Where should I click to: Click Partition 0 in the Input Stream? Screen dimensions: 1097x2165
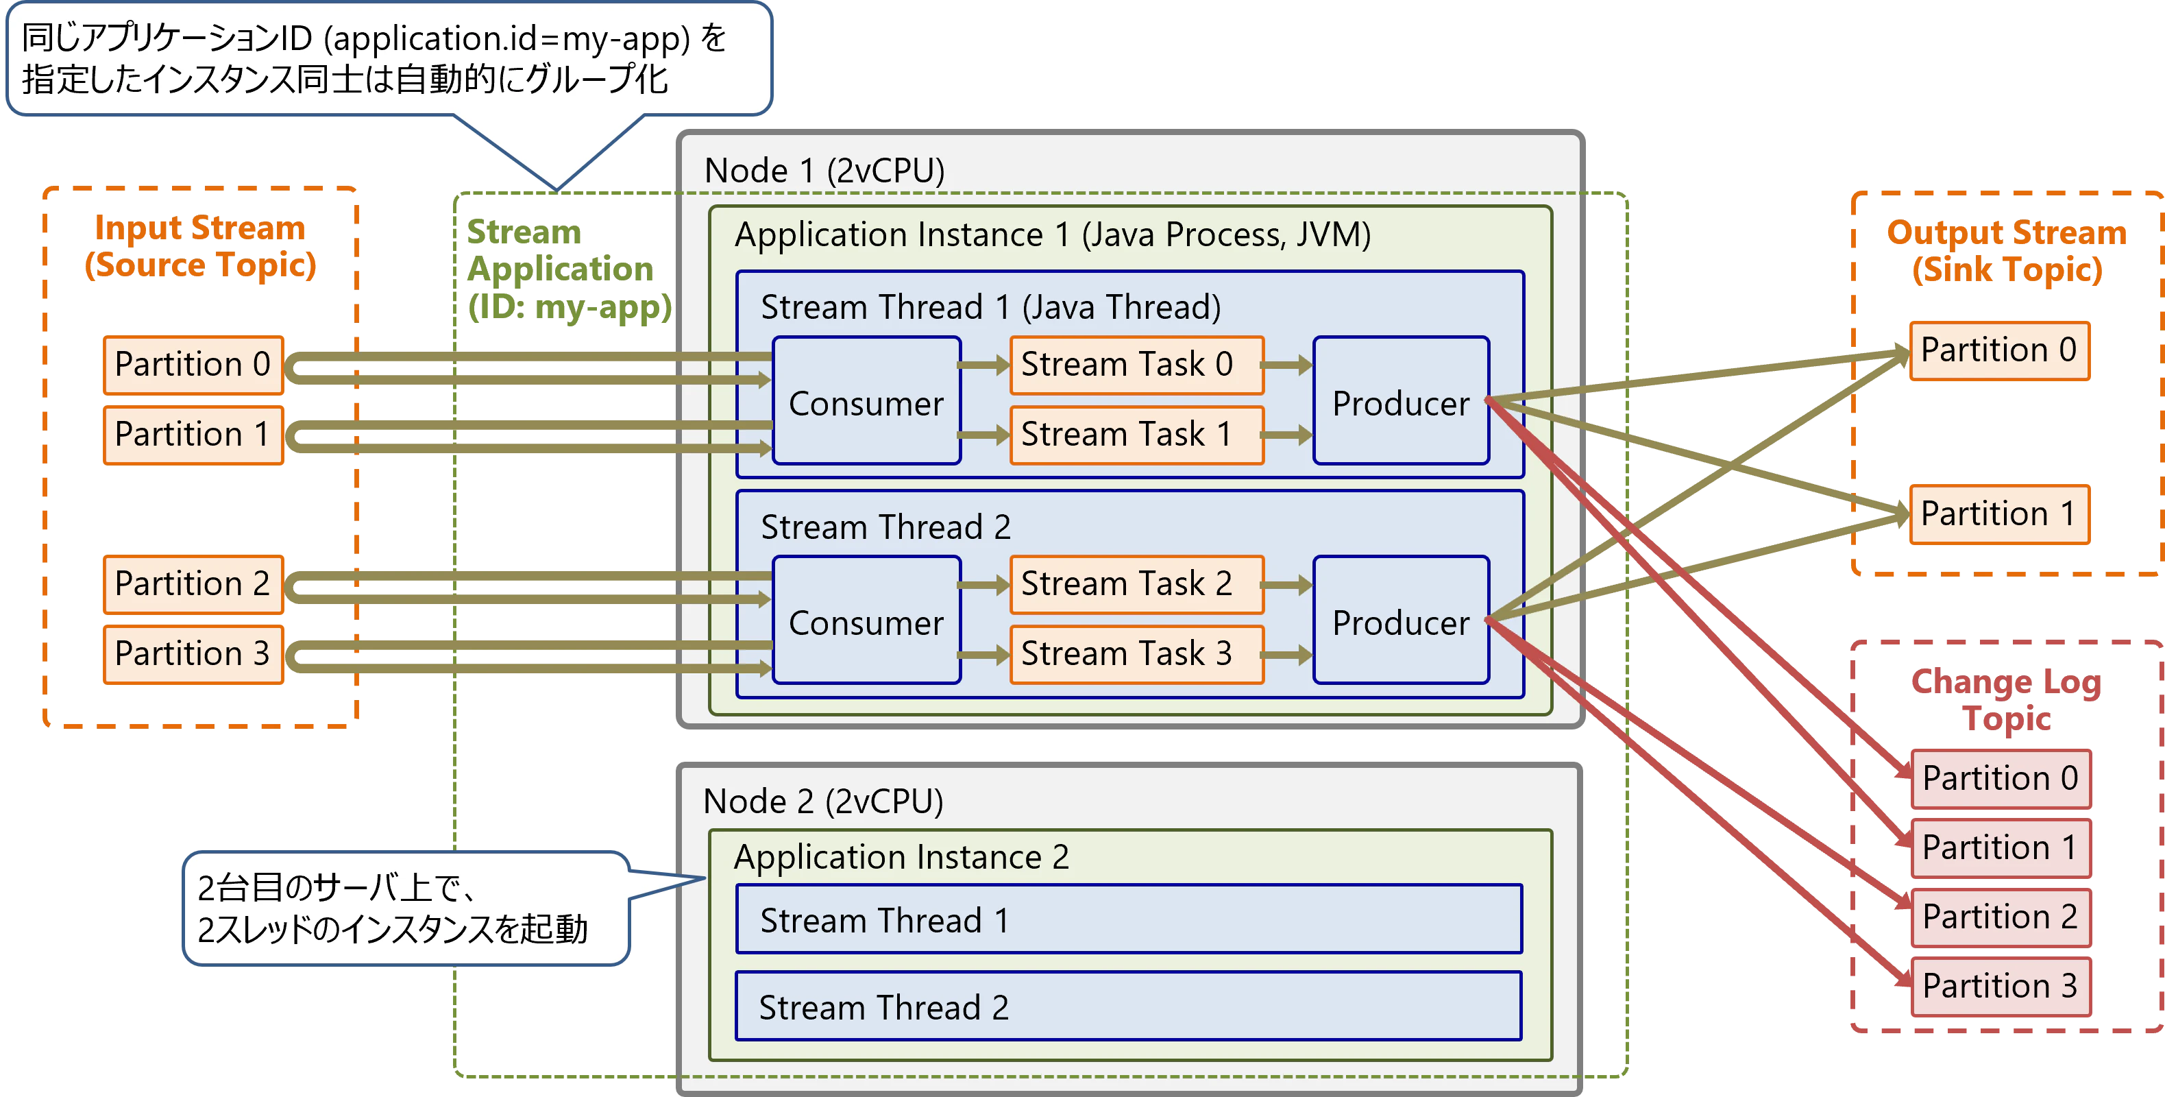click(193, 365)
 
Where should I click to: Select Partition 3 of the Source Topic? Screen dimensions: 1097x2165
click(193, 653)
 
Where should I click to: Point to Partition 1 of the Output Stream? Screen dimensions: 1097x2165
click(1998, 514)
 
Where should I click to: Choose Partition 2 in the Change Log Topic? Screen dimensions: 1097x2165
click(1999, 916)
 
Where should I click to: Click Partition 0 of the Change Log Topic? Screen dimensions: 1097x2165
click(1999, 777)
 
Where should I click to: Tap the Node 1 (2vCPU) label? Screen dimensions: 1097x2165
click(824, 171)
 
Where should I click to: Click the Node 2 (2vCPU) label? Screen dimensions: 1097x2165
click(823, 801)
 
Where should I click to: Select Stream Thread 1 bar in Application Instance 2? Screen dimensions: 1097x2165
click(1128, 919)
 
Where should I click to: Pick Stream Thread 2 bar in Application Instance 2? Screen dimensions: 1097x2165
click(1128, 1006)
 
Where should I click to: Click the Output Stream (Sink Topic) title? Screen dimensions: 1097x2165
click(2007, 250)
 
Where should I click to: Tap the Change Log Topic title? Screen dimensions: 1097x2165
click(2007, 700)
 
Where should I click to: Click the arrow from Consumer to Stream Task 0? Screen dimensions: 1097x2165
click(984, 365)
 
